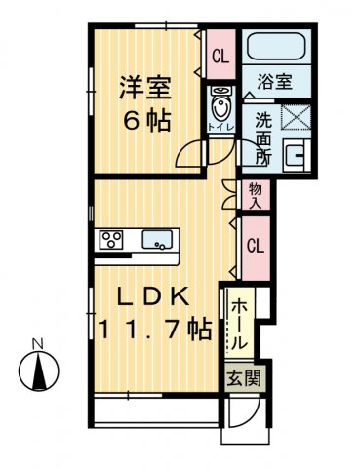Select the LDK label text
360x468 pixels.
point(154,297)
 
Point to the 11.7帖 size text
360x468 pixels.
point(154,329)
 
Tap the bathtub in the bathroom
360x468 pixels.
point(276,47)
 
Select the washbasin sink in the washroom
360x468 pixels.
point(294,155)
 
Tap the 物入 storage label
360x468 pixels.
point(256,196)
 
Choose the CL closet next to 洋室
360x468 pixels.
point(220,56)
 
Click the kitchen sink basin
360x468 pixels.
point(157,239)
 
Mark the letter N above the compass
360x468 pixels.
point(36,344)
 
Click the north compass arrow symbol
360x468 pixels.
point(36,371)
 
